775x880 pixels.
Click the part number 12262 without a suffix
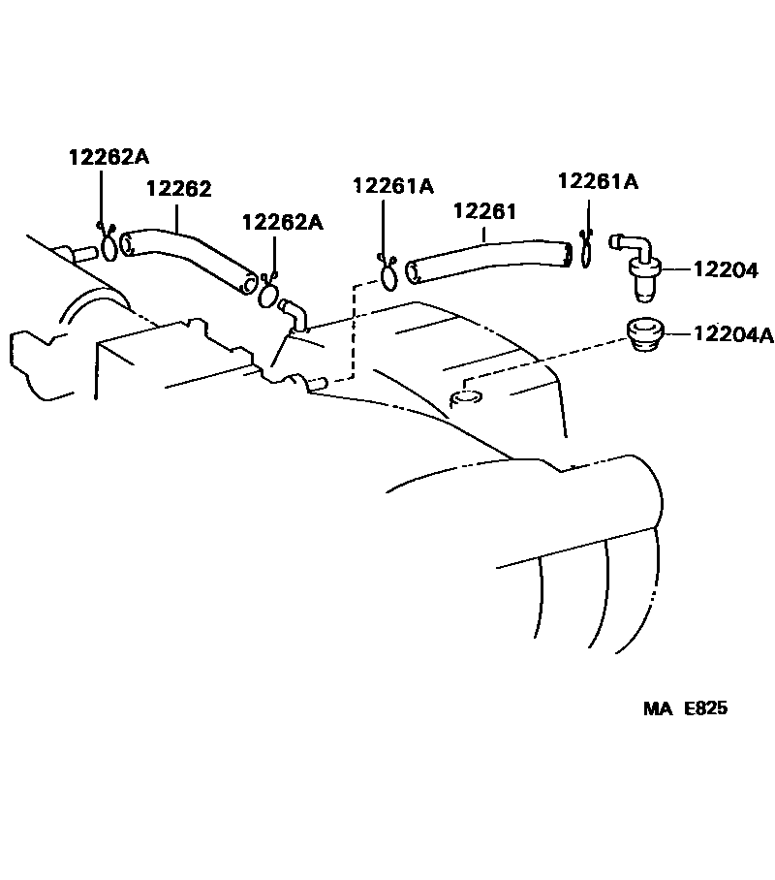pos(179,190)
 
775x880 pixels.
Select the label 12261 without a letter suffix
pos(484,211)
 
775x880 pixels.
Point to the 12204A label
pos(732,335)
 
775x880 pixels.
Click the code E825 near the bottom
pos(705,708)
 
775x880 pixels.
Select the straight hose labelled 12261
pos(484,260)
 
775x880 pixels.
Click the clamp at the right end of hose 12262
pos(269,290)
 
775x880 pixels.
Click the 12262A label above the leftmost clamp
pos(108,156)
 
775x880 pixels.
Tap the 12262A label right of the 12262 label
pos(283,222)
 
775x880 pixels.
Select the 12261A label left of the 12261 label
pos(393,185)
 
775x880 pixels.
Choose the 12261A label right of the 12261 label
pos(598,181)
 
